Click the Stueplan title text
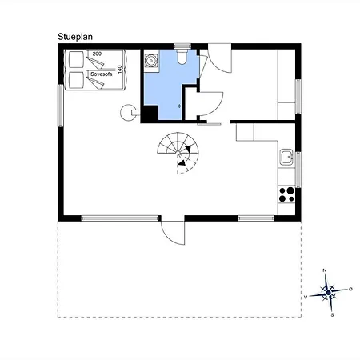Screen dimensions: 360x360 pos(75,37)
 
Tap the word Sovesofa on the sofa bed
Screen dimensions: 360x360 pos(101,74)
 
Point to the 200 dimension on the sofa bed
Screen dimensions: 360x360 pos(97,54)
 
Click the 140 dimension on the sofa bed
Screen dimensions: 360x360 pos(119,70)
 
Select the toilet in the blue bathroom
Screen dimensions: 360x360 pos(182,56)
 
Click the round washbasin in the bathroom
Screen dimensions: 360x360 pos(151,61)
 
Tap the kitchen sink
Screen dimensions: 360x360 pos(286,157)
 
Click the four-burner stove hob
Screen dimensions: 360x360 pos(286,194)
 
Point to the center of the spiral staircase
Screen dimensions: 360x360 pos(178,153)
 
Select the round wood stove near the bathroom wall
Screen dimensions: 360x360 pos(128,113)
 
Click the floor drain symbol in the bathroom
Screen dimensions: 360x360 pos(179,106)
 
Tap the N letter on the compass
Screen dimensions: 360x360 pos(325,270)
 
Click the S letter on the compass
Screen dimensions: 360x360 pos(332,315)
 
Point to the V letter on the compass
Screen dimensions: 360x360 pos(306,297)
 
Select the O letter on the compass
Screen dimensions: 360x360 pos(350,289)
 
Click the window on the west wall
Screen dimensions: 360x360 pos(61,106)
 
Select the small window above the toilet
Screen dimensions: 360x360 pos(182,46)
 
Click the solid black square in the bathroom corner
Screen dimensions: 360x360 pos(150,114)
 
